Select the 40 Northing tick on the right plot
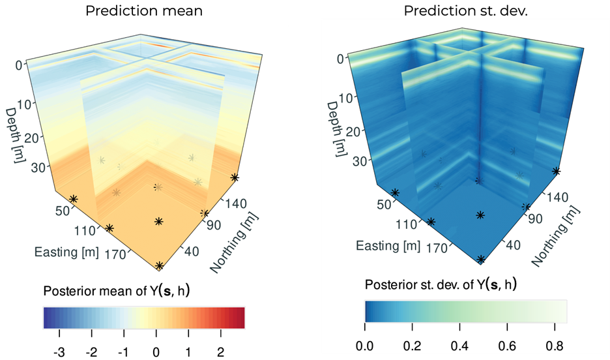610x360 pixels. point(513,245)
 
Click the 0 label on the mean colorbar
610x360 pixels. point(156,352)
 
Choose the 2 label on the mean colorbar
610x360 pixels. point(220,352)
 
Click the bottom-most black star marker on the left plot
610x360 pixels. point(160,265)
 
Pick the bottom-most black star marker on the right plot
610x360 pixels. point(481,260)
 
